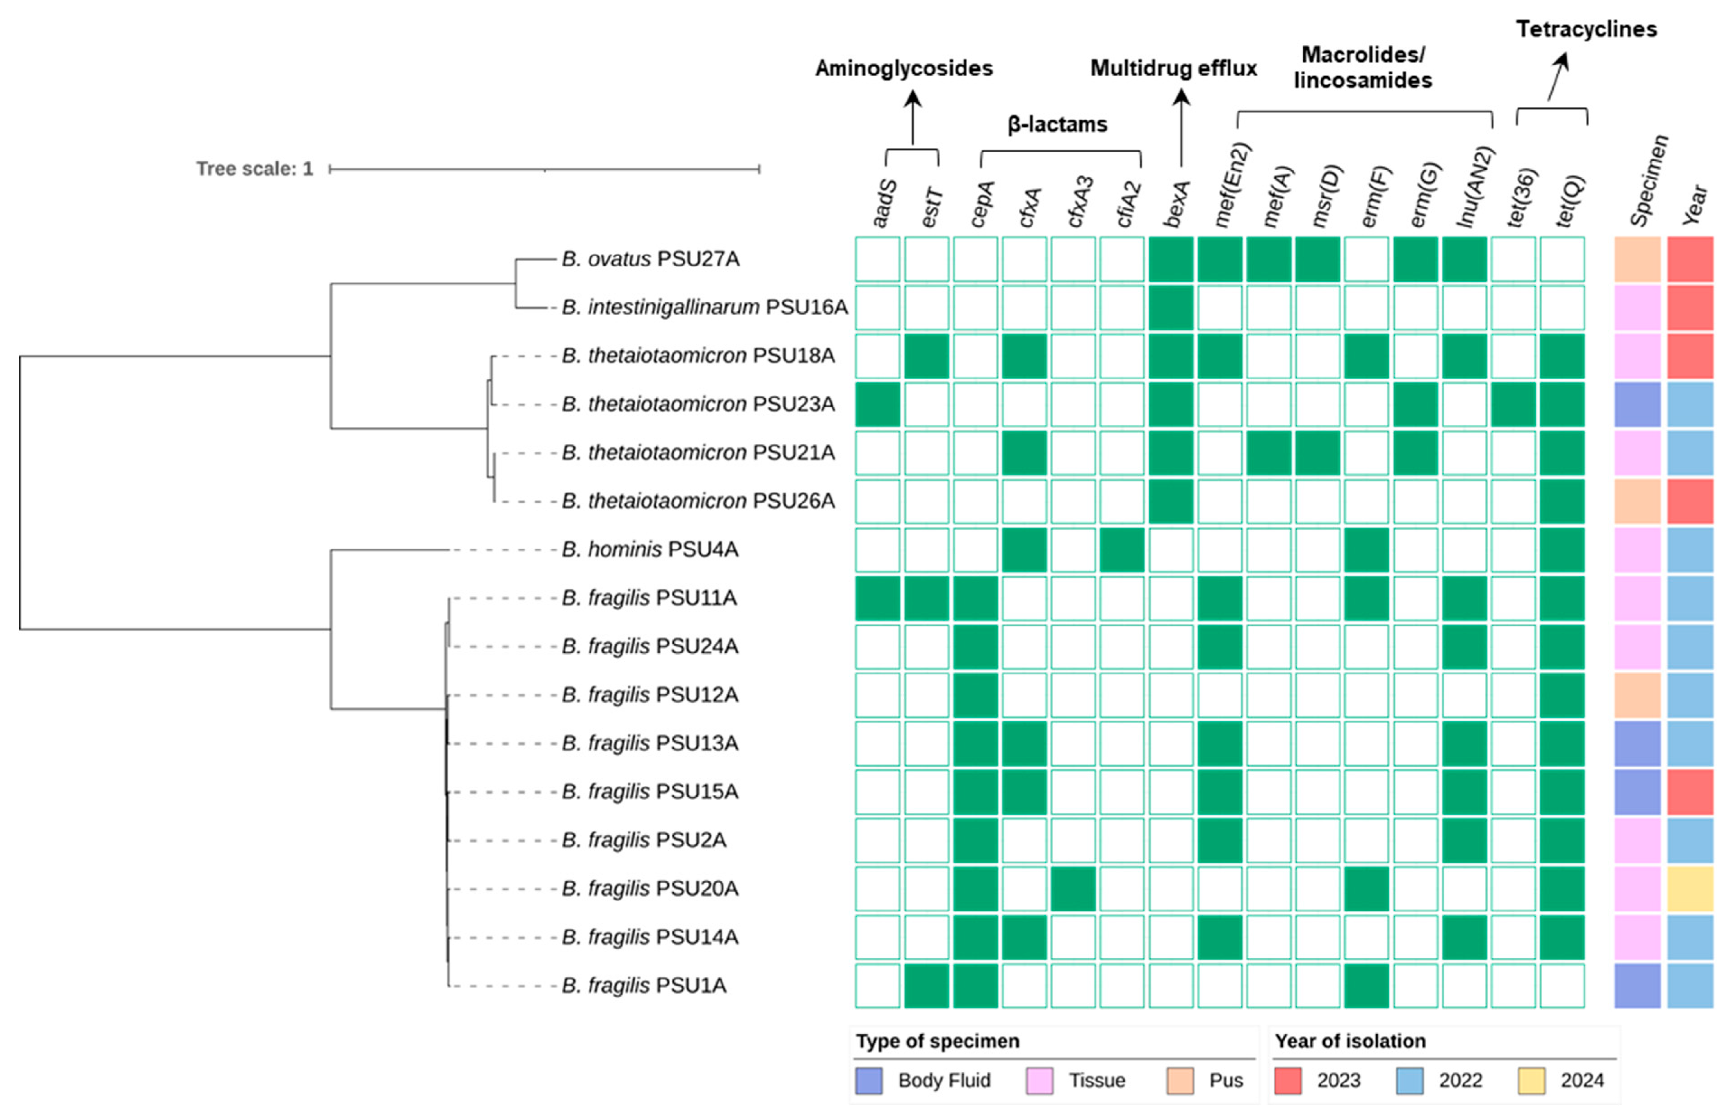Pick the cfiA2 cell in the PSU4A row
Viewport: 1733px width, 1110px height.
(1121, 550)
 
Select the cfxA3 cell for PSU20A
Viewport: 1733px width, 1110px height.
(1073, 889)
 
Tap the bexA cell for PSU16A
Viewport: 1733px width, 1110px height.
(1170, 308)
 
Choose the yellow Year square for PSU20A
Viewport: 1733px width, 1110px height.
(1690, 889)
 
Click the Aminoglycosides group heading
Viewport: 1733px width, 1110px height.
(904, 69)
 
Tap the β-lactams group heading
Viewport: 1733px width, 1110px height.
(1057, 125)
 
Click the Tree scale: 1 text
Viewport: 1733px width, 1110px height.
(254, 169)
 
